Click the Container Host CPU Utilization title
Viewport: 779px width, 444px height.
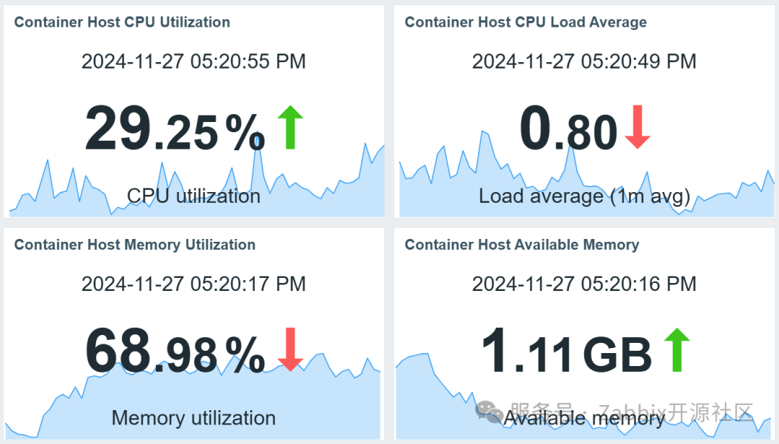(x=122, y=22)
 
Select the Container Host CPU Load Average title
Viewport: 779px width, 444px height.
(x=525, y=22)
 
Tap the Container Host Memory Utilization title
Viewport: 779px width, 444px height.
(x=134, y=245)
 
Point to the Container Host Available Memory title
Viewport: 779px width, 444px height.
(x=521, y=245)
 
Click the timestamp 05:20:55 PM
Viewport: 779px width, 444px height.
(x=193, y=61)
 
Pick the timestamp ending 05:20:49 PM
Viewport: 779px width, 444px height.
(x=584, y=61)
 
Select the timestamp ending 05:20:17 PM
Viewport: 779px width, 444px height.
(x=193, y=284)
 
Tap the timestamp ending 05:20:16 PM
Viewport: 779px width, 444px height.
(x=584, y=284)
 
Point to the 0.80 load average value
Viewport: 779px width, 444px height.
(x=568, y=129)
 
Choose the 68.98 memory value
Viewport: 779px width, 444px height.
(x=151, y=351)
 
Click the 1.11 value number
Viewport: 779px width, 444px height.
(x=528, y=351)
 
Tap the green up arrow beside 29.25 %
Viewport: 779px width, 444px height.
(x=290, y=127)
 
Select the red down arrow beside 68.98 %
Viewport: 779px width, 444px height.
(x=290, y=349)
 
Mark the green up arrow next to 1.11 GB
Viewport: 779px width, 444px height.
(x=676, y=349)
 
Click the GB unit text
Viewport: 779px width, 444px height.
(x=617, y=354)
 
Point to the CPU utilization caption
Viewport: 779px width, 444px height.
(x=193, y=196)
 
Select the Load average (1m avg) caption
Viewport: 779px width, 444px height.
(x=584, y=196)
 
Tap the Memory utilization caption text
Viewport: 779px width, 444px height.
(x=193, y=418)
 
